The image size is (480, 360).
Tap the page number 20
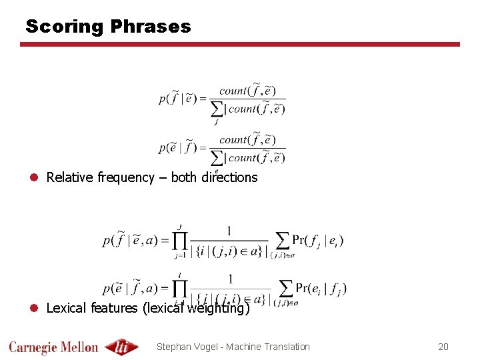click(443, 347)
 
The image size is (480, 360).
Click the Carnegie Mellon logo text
click(53, 347)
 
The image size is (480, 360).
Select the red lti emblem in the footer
click(121, 347)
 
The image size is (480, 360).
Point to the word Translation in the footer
click(287, 347)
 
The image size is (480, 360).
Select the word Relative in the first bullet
click(70, 177)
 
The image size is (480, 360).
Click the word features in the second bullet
click(113, 308)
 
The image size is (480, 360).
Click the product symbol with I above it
click(181, 288)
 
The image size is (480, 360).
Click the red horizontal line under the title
click(240, 45)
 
